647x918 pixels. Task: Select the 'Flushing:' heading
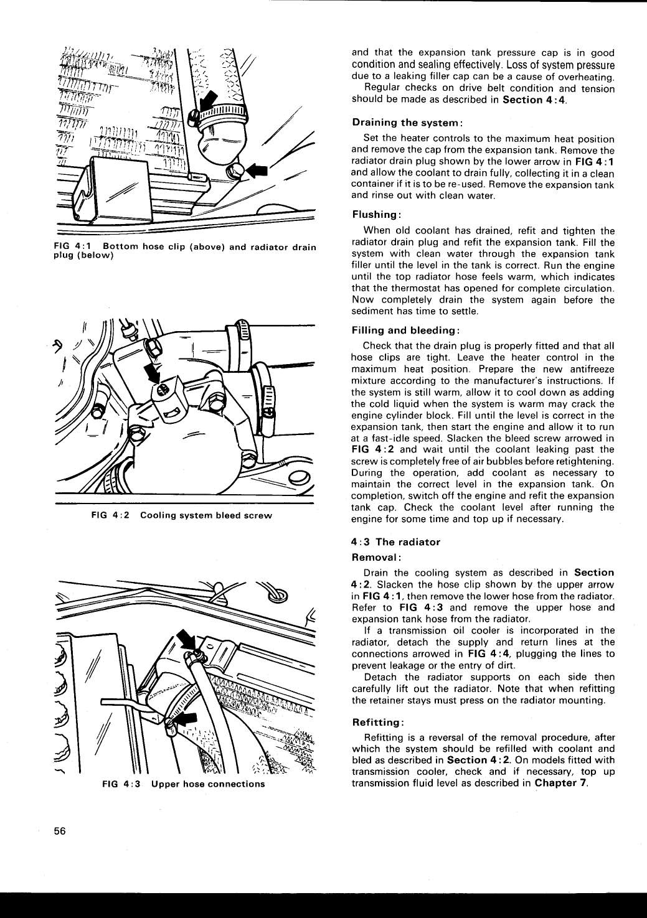[x=375, y=215]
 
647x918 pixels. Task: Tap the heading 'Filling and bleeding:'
[x=406, y=330]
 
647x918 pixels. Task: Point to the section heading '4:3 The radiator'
[x=395, y=542]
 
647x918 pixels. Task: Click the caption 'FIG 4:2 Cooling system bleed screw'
[x=181, y=516]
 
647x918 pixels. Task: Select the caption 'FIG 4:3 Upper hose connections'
[x=183, y=784]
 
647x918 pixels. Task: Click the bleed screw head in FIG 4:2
[x=161, y=390]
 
